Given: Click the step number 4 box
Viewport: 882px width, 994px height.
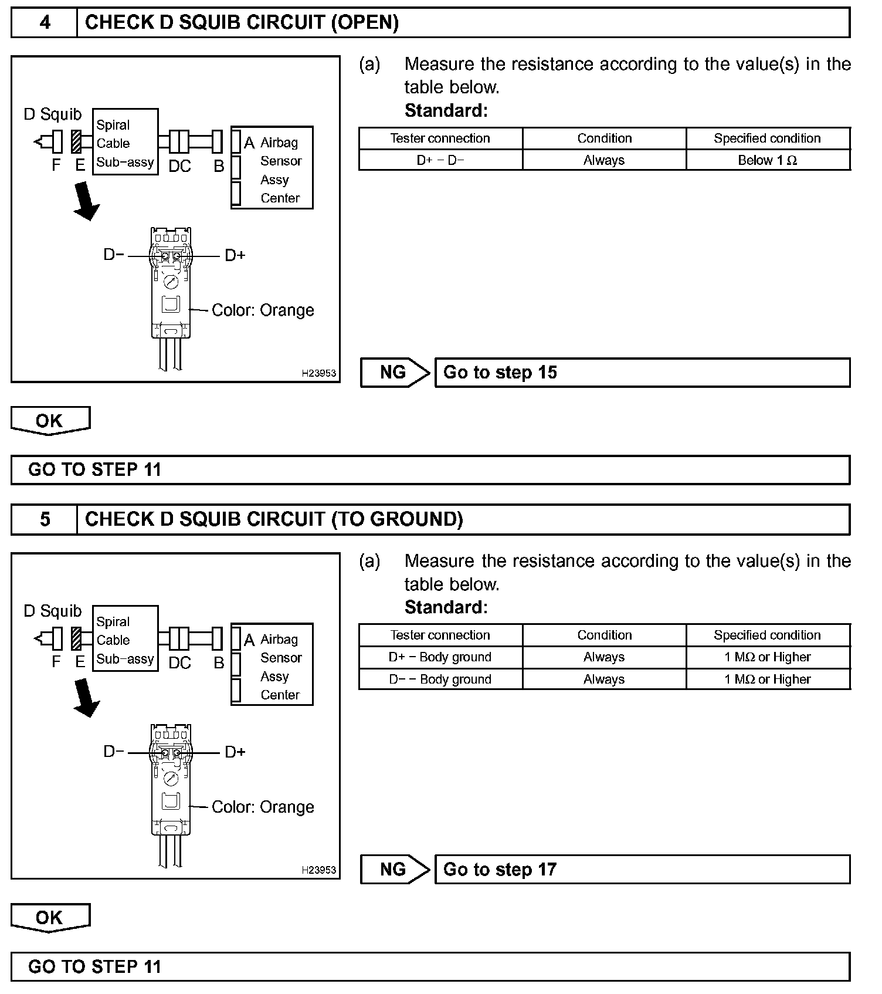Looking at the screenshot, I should (45, 23).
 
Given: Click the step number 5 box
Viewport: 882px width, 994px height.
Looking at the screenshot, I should (45, 520).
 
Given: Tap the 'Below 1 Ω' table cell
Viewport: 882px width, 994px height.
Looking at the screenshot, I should (768, 160).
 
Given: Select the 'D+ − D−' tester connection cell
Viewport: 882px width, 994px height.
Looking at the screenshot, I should (440, 160).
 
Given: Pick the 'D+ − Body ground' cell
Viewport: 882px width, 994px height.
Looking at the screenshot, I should (440, 657).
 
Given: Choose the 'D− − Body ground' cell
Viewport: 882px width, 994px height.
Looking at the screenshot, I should (440, 679).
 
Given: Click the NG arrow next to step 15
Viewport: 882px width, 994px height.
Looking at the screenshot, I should (395, 373).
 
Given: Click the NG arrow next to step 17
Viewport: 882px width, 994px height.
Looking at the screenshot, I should (395, 870).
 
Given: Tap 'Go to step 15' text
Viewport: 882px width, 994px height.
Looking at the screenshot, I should (500, 373).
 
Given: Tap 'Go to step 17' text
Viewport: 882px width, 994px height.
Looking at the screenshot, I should (500, 870).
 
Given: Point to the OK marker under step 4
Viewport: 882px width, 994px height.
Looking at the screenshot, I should (50, 421).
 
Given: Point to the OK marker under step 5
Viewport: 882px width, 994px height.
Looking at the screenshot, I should (50, 918).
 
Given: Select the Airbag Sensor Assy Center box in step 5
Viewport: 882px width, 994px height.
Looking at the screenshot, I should (272, 664).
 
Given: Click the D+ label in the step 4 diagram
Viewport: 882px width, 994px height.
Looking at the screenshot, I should (235, 255).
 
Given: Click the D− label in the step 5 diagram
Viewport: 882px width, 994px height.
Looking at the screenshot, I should (114, 752).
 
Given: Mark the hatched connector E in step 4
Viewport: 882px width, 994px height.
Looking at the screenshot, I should (76, 142).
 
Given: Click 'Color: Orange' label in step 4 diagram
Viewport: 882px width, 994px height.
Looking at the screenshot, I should (263, 310).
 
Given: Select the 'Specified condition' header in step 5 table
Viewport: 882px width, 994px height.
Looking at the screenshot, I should (768, 635).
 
